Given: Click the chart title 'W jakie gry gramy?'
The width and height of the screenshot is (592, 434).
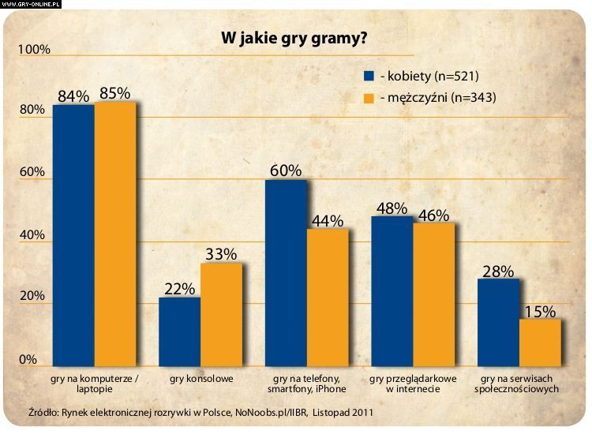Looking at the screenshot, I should (292, 38).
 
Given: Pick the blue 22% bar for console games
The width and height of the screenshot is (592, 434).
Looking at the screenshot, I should (180, 331).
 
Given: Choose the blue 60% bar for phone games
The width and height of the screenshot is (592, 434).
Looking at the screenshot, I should (286, 273).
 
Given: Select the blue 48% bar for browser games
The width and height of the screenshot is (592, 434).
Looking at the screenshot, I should (392, 291).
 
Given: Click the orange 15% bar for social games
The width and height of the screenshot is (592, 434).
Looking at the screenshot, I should (540, 342).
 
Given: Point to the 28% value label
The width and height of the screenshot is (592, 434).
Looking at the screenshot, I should (497, 271).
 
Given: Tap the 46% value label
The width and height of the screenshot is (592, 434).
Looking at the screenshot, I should (433, 215).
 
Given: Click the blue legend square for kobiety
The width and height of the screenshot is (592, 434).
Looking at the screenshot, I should (368, 77).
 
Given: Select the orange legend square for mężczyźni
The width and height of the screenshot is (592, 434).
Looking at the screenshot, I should (368, 99).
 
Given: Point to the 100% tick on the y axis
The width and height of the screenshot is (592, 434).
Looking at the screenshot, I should (33, 50).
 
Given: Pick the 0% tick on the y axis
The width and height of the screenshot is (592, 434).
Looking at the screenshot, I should (28, 360).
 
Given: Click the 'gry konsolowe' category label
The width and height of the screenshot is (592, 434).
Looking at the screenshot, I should (201, 379).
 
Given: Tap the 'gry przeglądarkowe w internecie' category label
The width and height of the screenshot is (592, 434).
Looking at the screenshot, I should (413, 383).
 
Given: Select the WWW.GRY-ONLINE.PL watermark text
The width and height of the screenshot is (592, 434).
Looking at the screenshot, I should (31, 4).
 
